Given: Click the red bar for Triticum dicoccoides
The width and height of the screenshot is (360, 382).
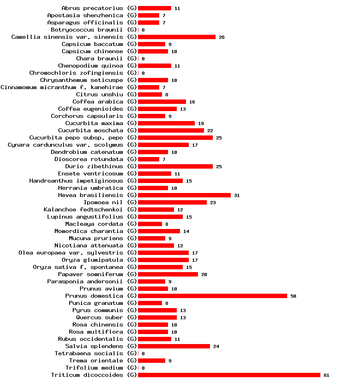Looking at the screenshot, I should [x=229, y=375].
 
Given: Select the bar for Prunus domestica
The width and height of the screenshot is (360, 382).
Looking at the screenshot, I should [x=212, y=296].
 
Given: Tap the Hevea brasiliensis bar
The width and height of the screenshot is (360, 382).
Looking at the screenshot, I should [x=184, y=195].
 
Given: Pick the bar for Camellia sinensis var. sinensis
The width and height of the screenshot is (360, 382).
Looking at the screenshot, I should [x=176, y=37].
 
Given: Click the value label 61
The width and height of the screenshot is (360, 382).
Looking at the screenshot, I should [x=326, y=375].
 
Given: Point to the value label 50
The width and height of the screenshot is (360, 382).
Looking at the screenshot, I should [x=293, y=296].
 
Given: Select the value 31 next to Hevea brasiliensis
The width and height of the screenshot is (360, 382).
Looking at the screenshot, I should [x=237, y=195].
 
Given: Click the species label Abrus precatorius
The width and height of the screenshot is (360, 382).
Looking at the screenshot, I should [x=92, y=8].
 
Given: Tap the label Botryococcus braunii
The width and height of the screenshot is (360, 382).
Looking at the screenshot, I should [x=87, y=30].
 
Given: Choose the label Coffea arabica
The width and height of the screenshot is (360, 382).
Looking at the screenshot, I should [x=98, y=101].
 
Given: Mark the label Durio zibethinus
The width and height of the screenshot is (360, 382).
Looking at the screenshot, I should [x=94, y=166].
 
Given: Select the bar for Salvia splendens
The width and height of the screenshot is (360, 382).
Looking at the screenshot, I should [x=174, y=346].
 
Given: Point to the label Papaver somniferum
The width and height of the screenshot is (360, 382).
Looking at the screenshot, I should [x=90, y=274].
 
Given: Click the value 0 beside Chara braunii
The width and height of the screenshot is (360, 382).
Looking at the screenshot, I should [x=143, y=59].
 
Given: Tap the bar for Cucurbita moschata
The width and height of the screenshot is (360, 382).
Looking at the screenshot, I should [x=171, y=130].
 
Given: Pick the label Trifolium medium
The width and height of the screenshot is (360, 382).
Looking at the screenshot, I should [x=94, y=368].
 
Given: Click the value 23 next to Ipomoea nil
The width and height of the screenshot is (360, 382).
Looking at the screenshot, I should [x=213, y=203].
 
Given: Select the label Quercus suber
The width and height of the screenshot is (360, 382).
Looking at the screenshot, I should [x=100, y=317].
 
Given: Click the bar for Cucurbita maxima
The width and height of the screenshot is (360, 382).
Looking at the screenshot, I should [x=166, y=123].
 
